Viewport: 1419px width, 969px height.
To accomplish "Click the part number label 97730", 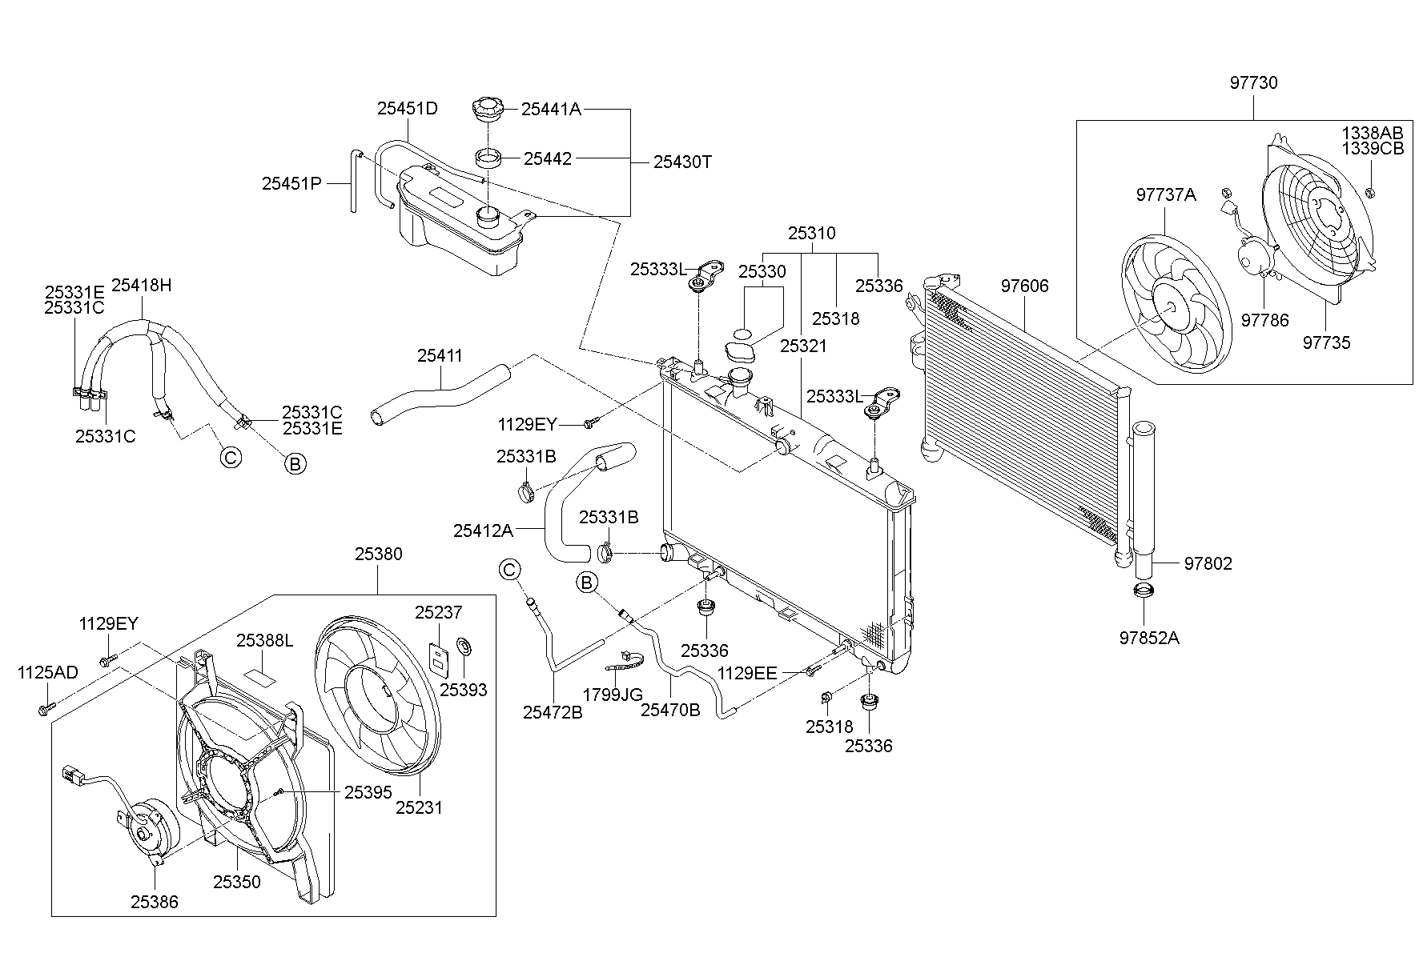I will click(1254, 82).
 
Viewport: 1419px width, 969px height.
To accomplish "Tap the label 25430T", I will click(682, 162).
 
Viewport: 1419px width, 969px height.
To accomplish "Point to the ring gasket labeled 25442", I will click(489, 157).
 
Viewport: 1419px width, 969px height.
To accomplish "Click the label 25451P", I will click(291, 183).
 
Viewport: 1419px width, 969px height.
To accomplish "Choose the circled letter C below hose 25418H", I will click(230, 458).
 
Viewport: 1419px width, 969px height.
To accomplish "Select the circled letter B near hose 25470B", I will click(587, 583).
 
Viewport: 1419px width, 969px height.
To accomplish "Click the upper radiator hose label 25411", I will click(440, 355).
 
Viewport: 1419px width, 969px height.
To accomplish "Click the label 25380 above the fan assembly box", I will click(379, 554).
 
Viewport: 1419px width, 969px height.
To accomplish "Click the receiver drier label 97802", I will click(1208, 563).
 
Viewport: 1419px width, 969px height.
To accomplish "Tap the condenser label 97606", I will click(1024, 286).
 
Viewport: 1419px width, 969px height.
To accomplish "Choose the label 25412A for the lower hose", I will click(482, 530).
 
